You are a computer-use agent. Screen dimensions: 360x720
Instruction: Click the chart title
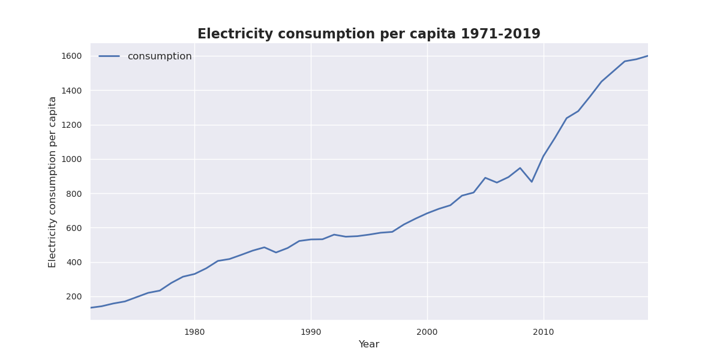pos(368,34)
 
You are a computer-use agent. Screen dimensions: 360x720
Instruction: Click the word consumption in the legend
pos(159,56)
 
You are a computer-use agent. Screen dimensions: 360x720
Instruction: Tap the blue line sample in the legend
pos(109,56)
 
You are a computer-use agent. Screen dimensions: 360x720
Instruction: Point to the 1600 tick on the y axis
pos(72,56)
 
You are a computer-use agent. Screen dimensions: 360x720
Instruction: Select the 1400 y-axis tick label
pos(72,91)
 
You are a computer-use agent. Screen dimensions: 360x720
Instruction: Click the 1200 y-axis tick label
pos(72,125)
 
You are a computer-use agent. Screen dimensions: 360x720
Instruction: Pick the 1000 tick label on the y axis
pos(72,159)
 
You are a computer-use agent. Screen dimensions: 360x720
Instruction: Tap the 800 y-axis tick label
pos(74,194)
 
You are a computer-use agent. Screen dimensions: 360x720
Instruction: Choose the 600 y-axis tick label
pos(74,228)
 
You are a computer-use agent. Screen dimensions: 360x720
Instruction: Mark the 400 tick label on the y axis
pos(74,262)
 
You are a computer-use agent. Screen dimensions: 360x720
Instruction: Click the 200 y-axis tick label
pos(74,296)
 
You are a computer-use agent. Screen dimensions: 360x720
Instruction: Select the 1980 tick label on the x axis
pos(194,332)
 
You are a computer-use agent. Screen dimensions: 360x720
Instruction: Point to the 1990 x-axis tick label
pos(311,332)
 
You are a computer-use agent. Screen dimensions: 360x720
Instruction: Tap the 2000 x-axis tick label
pos(427,332)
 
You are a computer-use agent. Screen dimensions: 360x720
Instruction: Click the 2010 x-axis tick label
pos(544,332)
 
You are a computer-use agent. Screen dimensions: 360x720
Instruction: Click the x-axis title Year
pos(368,344)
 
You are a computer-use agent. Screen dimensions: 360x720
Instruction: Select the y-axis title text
pos(53,182)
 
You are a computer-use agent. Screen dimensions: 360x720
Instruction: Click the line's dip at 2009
pos(532,182)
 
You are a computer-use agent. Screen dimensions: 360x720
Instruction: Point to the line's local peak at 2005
pos(485,178)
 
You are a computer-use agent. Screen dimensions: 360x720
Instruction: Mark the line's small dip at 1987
pos(276,253)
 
